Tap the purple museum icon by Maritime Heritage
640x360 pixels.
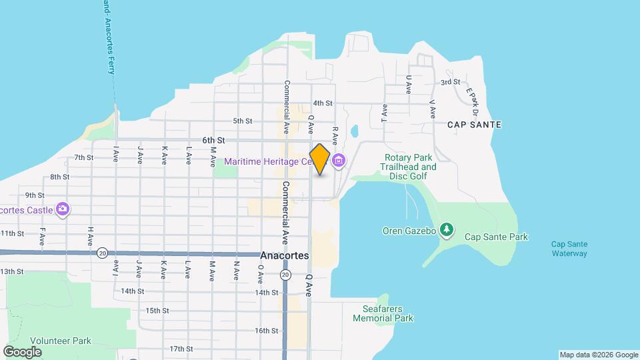click(339, 161)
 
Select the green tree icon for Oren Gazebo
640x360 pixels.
click(447, 231)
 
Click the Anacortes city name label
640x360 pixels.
click(284, 255)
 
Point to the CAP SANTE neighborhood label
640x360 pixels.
click(474, 125)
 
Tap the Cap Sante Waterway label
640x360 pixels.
click(569, 249)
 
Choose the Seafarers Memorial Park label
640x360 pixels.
click(388, 313)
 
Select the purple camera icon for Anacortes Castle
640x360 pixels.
click(63, 209)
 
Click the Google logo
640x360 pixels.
click(22, 351)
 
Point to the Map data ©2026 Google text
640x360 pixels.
click(597, 355)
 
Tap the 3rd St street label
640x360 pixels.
click(450, 82)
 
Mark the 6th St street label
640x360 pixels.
click(214, 140)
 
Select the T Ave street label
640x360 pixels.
click(385, 112)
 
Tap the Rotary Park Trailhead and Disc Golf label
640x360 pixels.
click(409, 167)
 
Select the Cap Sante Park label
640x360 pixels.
click(496, 237)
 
